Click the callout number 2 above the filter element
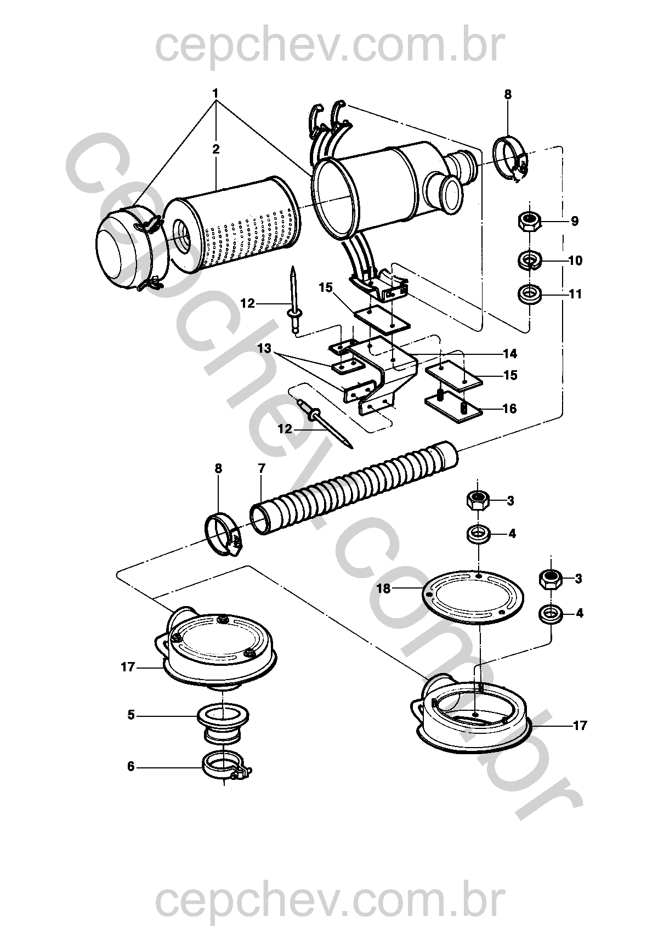216,149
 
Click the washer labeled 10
530,261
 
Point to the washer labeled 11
530,293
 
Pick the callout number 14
510,354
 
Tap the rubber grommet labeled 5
223,725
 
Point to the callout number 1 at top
216,93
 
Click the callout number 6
131,767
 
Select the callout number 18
383,589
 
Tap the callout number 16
509,408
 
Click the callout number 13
264,348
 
